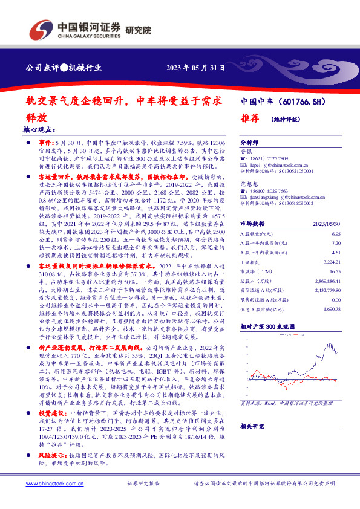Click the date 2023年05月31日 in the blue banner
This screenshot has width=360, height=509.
[195, 68]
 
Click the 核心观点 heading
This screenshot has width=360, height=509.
[38, 129]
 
